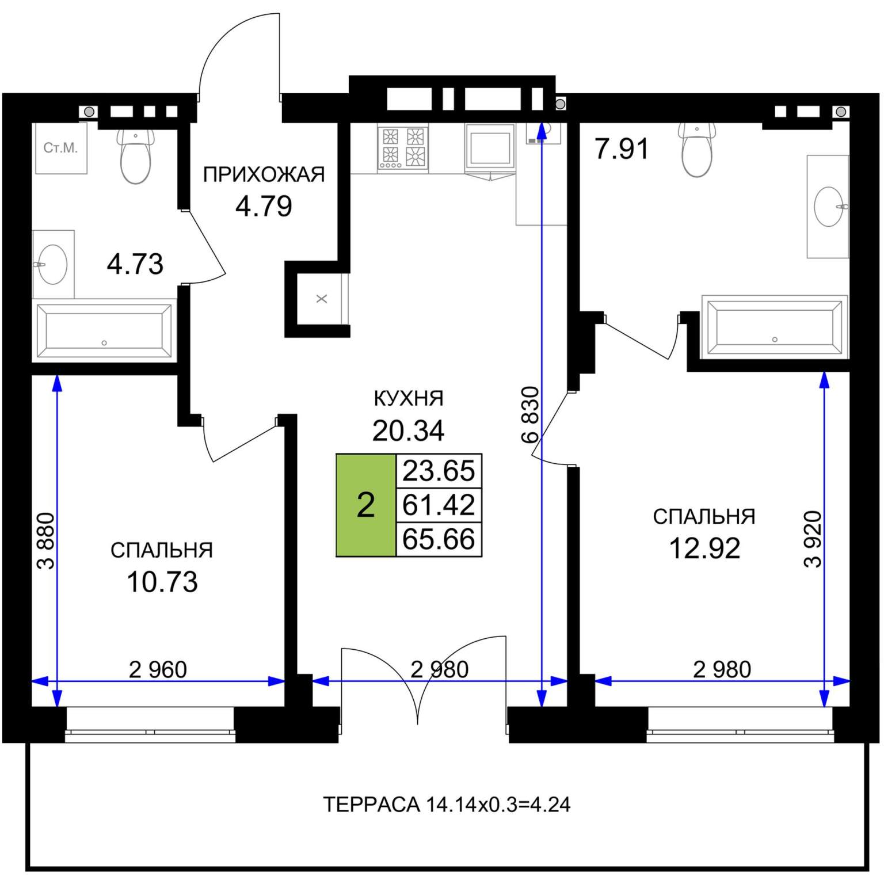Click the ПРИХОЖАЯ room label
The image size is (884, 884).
tap(264, 174)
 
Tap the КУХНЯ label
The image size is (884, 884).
tap(409, 398)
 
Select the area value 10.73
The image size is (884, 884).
tap(162, 582)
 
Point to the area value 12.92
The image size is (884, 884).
tap(704, 548)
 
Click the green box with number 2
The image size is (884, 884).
tap(366, 505)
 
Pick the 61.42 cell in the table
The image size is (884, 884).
tap(439, 505)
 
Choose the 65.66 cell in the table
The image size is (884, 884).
tap(439, 539)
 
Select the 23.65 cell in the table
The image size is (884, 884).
tap(439, 471)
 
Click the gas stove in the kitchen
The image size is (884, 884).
tap(403, 147)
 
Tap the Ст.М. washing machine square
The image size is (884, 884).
tap(61, 148)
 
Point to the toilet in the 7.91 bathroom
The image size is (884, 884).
tap(697, 150)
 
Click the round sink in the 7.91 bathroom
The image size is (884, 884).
tap(829, 207)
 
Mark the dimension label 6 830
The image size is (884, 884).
tap(530, 414)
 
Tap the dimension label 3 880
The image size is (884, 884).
tap(46, 541)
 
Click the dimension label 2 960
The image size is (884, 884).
tap(158, 669)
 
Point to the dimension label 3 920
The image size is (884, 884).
tap(813, 539)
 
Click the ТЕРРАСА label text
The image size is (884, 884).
tap(371, 805)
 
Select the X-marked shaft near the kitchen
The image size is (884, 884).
tap(322, 299)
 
